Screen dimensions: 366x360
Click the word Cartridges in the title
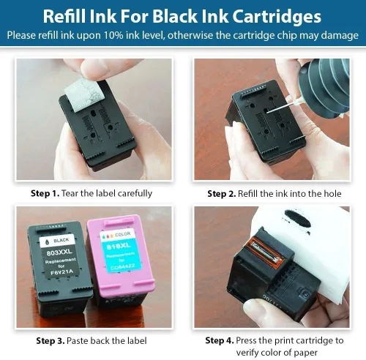coord(277,17)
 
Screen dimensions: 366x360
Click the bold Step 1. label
coord(45,193)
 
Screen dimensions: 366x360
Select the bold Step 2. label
coord(222,194)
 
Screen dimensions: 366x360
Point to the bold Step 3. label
coord(51,341)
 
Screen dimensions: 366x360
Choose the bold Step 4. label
coord(220,340)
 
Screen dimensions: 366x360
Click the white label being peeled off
coord(84,94)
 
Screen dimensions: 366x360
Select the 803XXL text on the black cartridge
coord(59,252)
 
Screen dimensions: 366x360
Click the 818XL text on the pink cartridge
coord(119,246)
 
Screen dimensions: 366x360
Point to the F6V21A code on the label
coord(61,271)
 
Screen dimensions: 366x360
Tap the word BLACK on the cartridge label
coord(61,241)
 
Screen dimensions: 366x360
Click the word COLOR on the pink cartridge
coord(123,234)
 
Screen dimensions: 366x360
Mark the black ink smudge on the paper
coord(298,219)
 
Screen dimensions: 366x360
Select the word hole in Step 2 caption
coord(332,194)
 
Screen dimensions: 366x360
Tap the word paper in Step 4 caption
coord(306,353)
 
